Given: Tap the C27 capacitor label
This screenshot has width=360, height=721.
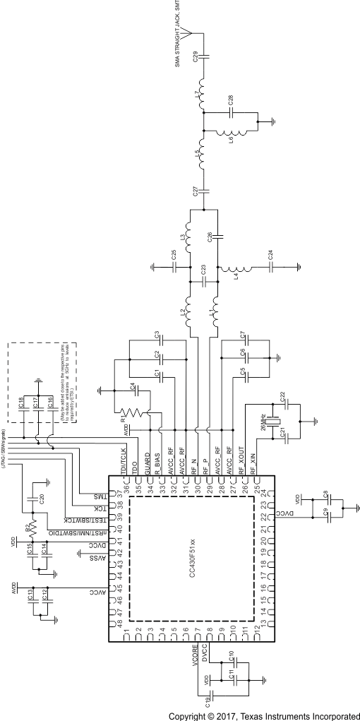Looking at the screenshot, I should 195,191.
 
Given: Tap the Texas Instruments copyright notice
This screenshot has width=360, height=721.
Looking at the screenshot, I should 263,715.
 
